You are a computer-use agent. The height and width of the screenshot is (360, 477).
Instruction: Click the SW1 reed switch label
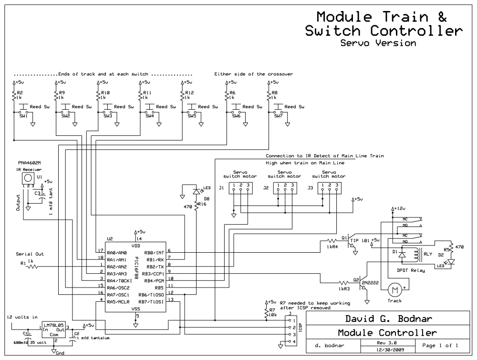(x=23, y=116)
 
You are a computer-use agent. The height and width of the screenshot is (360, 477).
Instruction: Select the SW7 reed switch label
(x=279, y=116)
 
